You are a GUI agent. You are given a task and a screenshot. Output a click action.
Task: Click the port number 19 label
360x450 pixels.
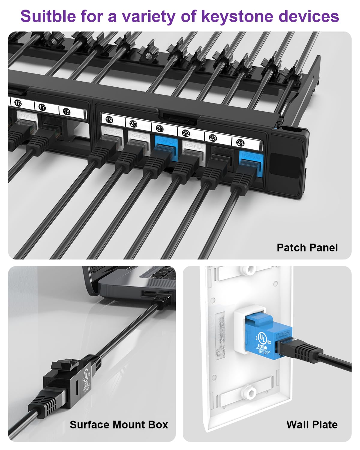[x=109, y=120]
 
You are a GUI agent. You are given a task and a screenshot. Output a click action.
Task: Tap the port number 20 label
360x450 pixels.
[x=133, y=124]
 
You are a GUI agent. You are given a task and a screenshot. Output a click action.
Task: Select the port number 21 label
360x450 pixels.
[x=160, y=129]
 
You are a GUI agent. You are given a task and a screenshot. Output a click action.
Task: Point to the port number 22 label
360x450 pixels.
[x=186, y=133]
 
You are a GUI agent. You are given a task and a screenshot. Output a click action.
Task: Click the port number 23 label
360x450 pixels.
[x=213, y=138]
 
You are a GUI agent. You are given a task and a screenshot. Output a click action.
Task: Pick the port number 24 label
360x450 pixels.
[x=240, y=143]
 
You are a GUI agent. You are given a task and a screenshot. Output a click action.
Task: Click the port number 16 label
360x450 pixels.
[x=18, y=103]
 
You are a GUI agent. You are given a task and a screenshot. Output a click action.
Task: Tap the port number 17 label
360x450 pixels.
[x=42, y=107]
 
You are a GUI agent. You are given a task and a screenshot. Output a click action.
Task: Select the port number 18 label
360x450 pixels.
[x=66, y=112]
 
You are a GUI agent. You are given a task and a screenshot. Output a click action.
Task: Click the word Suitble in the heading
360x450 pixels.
[x=49, y=16]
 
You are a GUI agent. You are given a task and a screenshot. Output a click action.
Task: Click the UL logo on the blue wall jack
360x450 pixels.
[x=262, y=339]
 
